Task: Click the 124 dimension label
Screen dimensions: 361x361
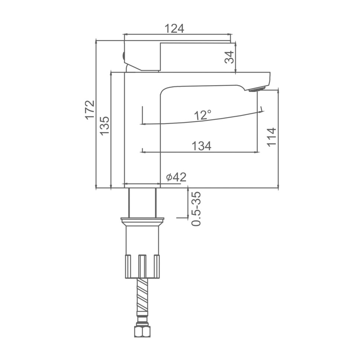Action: click(x=174, y=29)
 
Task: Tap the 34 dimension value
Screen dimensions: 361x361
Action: click(x=230, y=57)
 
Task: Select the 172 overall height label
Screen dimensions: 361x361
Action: click(x=90, y=109)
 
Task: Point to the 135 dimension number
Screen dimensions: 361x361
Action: click(x=105, y=126)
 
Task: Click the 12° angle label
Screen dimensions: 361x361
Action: click(x=202, y=115)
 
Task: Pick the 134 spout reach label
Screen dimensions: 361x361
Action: click(x=202, y=146)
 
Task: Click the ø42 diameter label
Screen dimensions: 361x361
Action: click(x=176, y=177)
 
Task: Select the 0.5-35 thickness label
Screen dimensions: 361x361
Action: click(x=197, y=208)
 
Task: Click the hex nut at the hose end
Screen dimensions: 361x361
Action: click(x=142, y=331)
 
